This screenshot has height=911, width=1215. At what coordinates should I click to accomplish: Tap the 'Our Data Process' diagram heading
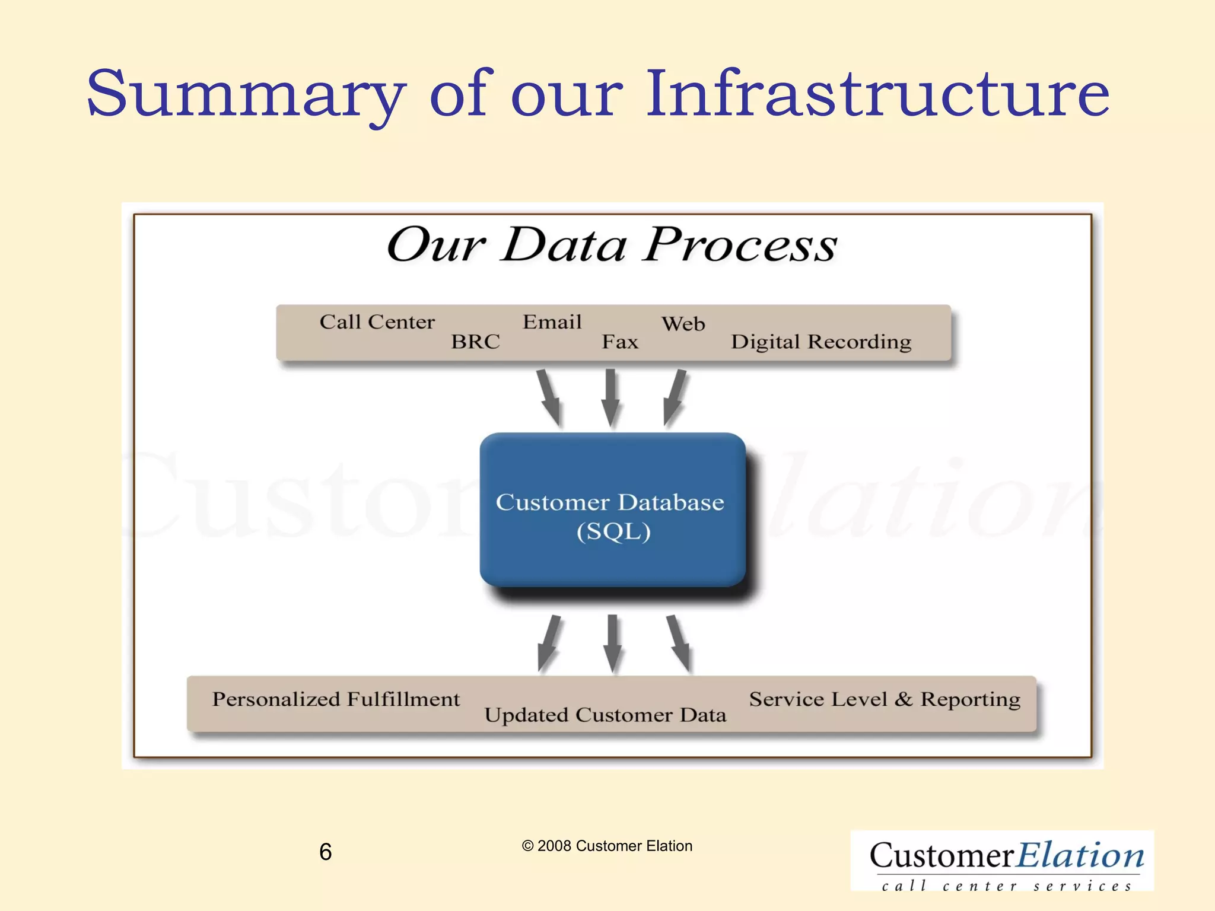point(612,244)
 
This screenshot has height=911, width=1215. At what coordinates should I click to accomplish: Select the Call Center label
point(377,322)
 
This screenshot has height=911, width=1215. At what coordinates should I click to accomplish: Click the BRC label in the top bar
point(475,342)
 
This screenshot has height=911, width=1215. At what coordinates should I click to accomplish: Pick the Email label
point(552,322)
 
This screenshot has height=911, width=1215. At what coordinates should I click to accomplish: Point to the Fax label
point(620,342)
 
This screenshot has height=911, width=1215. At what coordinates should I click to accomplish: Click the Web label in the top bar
point(683,324)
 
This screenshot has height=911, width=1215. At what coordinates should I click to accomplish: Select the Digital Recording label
point(821,342)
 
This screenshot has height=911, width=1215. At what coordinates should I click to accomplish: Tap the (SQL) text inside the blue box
point(613,531)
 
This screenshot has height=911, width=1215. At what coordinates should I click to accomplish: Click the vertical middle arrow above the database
point(610,397)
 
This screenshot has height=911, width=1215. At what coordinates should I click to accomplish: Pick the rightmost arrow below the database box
point(679,644)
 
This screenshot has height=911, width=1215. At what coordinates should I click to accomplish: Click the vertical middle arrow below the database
point(612,644)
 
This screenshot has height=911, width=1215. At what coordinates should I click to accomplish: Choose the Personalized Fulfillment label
point(336,700)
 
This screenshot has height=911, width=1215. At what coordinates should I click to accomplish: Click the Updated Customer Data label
point(605,715)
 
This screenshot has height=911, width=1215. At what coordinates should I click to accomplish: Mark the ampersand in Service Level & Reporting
point(903,699)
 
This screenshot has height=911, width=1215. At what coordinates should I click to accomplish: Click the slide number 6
point(325,852)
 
